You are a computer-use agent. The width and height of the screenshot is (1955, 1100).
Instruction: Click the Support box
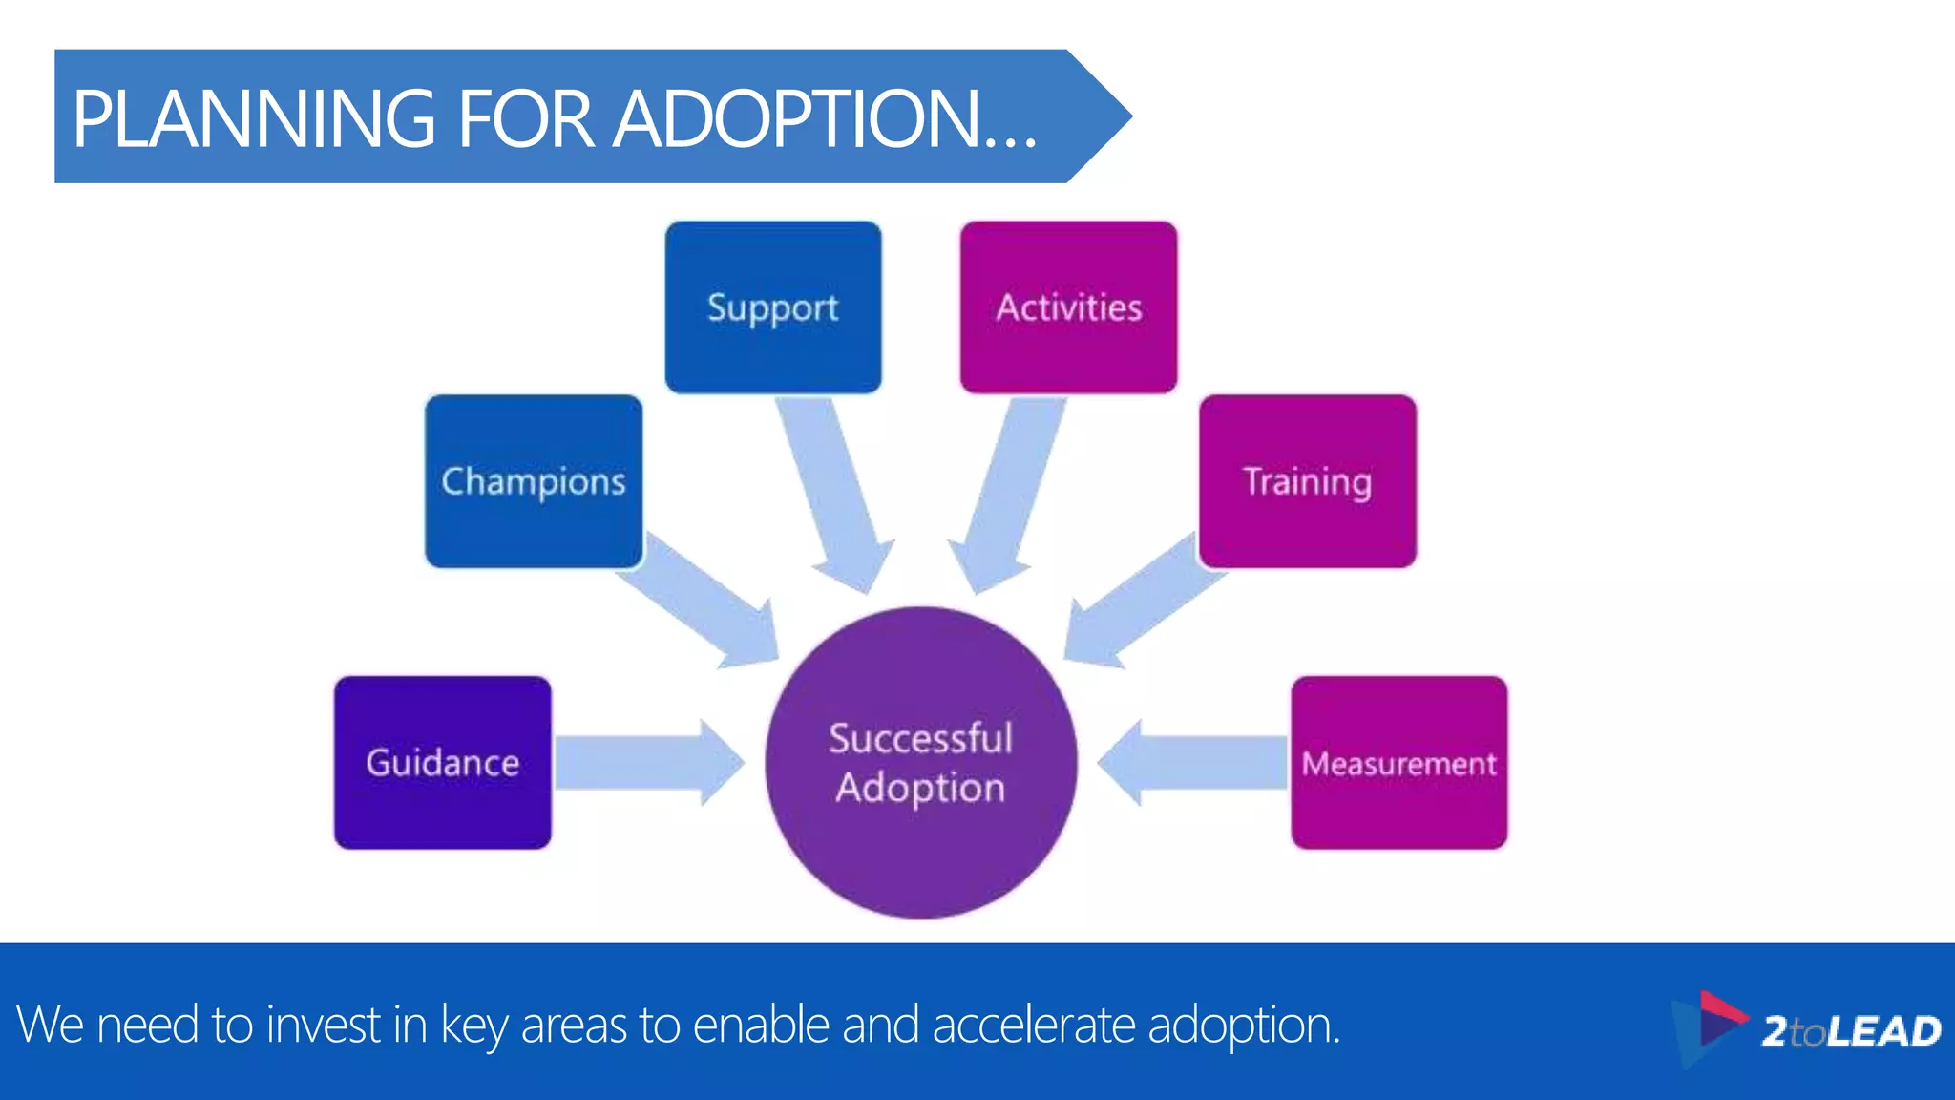pos(773,307)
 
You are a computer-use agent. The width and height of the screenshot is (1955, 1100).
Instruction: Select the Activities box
pos(1068,307)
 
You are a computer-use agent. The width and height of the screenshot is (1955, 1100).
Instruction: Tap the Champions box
pos(534,481)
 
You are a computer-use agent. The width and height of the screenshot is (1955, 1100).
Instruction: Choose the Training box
pos(1307,481)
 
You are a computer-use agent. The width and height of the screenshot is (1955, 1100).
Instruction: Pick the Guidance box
pos(443,762)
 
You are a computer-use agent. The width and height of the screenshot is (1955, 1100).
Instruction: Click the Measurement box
pos(1398,762)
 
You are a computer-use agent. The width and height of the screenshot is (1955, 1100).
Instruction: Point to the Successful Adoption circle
pos(920,762)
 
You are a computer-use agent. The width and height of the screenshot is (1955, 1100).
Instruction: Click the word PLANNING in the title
pos(254,118)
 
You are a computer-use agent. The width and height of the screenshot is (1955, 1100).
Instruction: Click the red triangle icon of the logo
pos(1718,1010)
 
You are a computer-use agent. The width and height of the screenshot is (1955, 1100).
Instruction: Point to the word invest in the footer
pos(323,1025)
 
